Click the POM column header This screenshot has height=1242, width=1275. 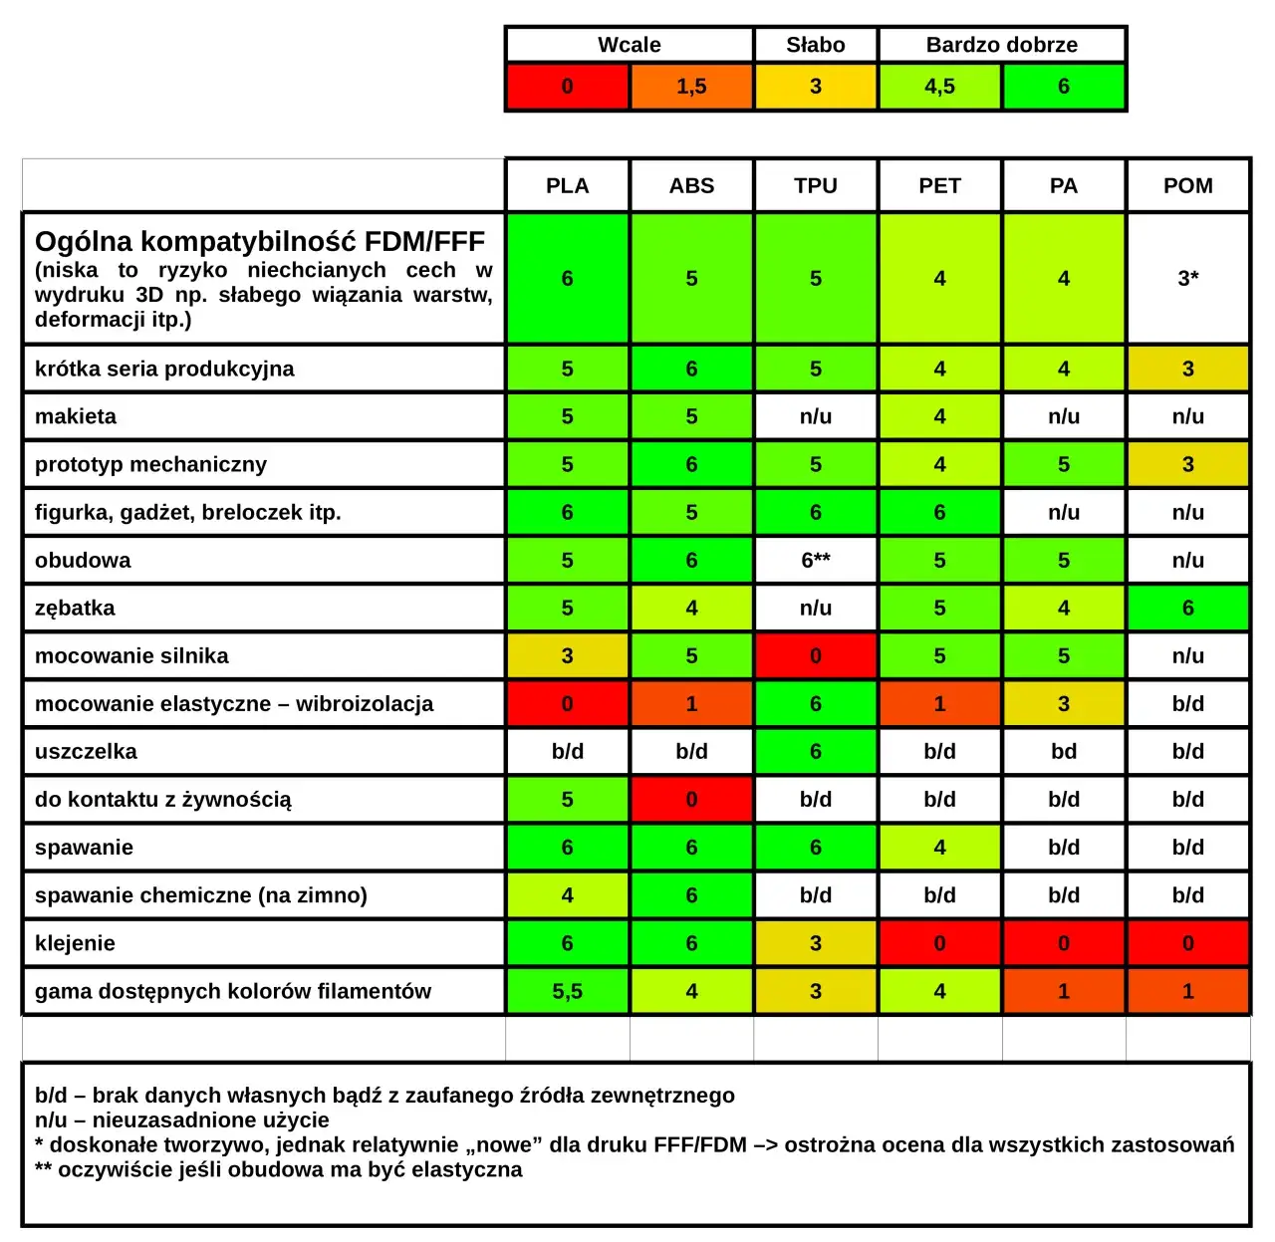point(1187,185)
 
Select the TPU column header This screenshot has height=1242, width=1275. point(815,185)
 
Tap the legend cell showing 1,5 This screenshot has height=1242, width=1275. point(691,87)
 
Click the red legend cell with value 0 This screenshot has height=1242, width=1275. point(567,87)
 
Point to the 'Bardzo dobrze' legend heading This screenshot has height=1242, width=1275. point(1001,45)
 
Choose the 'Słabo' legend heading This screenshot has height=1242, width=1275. point(815,45)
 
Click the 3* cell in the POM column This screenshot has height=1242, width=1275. point(1187,278)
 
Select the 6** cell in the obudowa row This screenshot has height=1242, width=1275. point(815,560)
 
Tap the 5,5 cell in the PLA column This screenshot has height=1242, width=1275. point(567,991)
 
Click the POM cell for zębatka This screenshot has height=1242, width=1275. point(1187,608)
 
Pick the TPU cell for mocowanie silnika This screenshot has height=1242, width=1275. point(815,655)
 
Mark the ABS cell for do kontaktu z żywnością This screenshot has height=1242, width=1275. point(691,799)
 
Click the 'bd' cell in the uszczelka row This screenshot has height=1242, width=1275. point(1063,751)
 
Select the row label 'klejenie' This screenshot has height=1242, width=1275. point(75,943)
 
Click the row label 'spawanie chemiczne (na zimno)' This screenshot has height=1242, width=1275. point(200,895)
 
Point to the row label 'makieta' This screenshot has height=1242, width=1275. point(76,416)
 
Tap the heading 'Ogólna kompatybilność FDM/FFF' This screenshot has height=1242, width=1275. point(259,242)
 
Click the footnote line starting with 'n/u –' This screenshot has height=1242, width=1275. point(181,1119)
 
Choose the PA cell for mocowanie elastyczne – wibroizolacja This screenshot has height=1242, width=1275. point(1063,703)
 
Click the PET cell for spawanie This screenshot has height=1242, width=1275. point(939,848)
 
